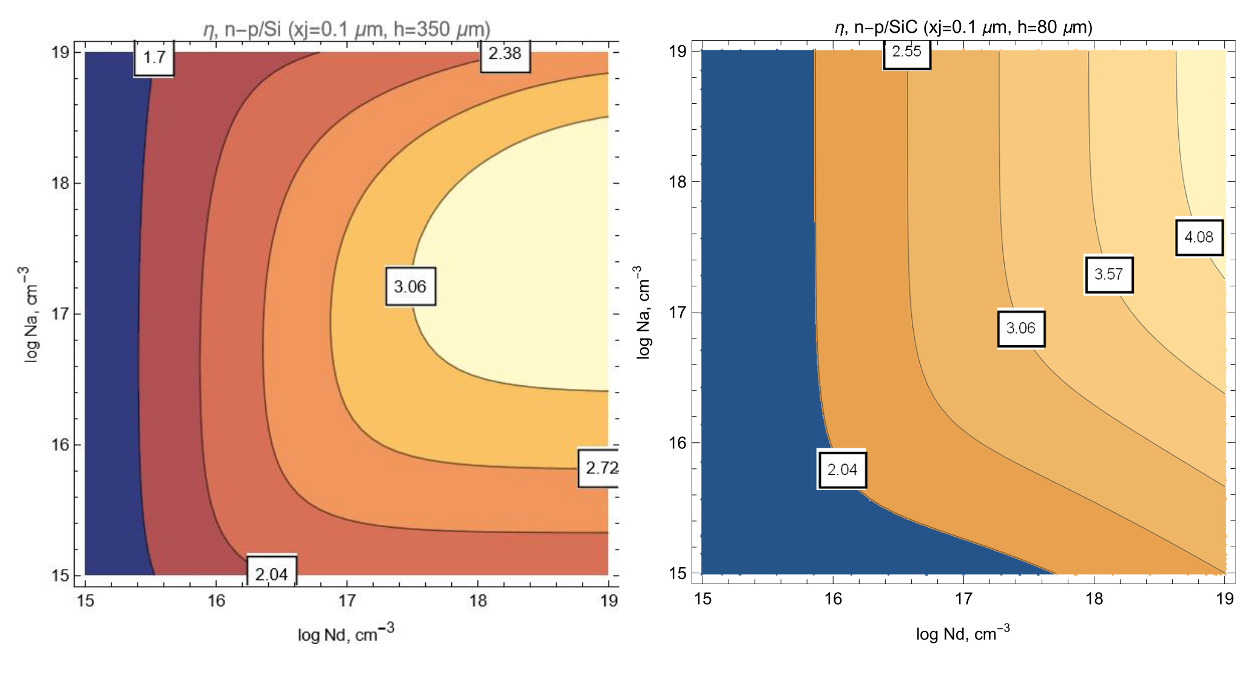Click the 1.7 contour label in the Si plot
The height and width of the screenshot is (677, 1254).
pos(154,58)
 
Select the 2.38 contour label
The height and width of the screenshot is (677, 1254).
pos(505,54)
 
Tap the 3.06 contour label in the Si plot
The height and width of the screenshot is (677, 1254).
pos(410,286)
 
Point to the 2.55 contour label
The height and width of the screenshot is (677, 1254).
pos(906,52)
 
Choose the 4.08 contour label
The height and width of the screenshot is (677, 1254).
pos(1199,237)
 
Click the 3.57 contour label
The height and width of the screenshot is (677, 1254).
pos(1108,274)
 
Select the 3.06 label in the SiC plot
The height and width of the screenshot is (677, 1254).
pos(1021,328)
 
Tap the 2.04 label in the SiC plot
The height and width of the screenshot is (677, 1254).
pos(842,470)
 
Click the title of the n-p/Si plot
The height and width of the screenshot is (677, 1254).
pos(346,29)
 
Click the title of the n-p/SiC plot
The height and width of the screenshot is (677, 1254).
pos(963,27)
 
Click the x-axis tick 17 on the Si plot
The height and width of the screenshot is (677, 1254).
pos(347,601)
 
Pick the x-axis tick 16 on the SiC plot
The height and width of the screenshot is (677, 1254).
pos(833,599)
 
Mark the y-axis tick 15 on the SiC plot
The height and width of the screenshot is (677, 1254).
pos(678,573)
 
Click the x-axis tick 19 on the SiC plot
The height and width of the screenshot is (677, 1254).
pos(1224,599)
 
